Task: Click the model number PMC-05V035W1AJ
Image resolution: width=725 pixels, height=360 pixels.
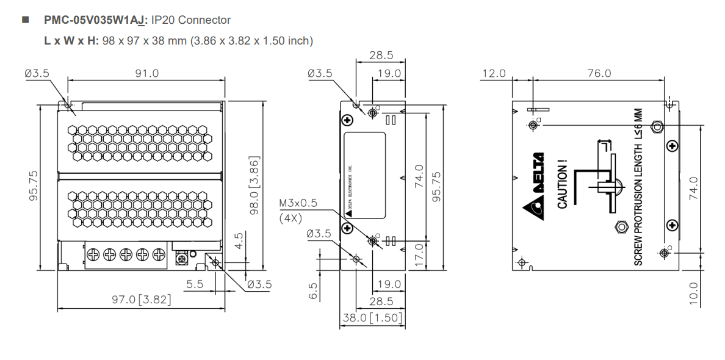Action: pyautogui.click(x=92, y=20)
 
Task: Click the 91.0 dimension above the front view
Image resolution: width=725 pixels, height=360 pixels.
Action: pyautogui.click(x=146, y=74)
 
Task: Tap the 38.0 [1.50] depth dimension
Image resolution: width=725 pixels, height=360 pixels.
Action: pyautogui.click(x=372, y=318)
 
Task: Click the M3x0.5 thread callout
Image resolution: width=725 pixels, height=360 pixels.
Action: pyautogui.click(x=298, y=204)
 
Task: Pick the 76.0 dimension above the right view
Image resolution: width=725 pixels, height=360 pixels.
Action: pyautogui.click(x=599, y=74)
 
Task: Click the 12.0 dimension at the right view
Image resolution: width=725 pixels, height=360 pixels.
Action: pyautogui.click(x=494, y=74)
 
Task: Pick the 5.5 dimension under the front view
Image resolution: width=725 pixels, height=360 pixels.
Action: pyautogui.click(x=195, y=284)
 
